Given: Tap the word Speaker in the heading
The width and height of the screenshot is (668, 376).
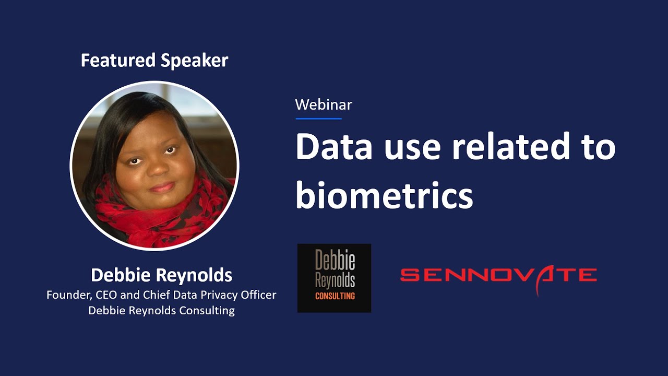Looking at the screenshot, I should coord(194,61).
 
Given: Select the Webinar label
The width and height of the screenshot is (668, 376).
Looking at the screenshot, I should coord(324,104).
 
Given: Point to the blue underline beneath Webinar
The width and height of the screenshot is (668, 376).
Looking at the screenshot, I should coord(318,119).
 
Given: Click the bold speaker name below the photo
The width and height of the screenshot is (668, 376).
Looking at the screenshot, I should coord(161,275).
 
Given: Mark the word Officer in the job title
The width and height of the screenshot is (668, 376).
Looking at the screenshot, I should coord(257,295).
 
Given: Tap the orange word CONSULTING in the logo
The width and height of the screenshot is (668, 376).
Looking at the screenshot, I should coord(335,296).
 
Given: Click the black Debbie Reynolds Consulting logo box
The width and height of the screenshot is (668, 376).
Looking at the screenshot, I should coord(334,278).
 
